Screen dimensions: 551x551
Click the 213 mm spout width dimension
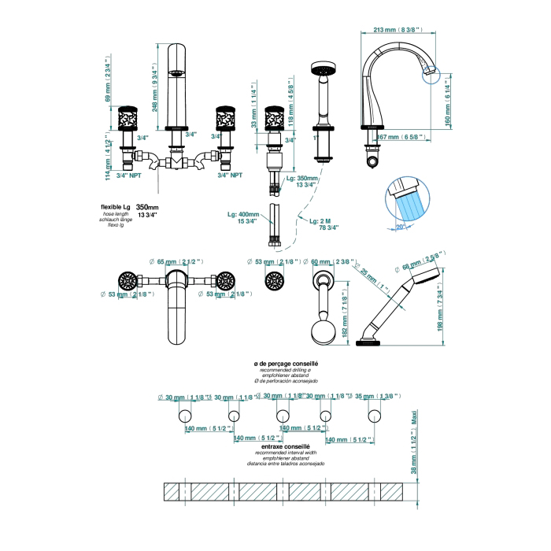pyautogui.click(x=392, y=30)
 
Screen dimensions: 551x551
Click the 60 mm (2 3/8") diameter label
pyautogui.click(x=331, y=261)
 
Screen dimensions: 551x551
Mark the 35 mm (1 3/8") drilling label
pyautogui.click(x=376, y=396)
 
